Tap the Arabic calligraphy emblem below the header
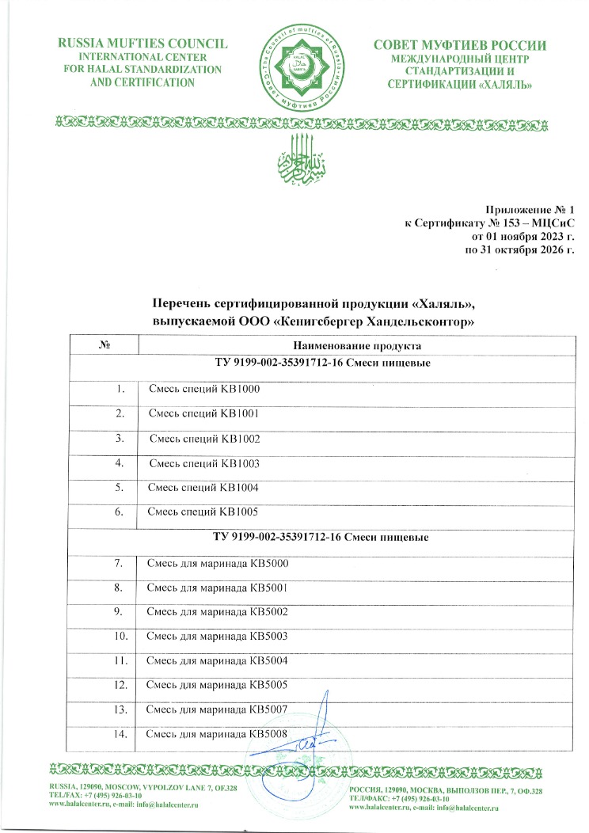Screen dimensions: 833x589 [x=294, y=154]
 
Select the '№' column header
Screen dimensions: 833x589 [x=104, y=346]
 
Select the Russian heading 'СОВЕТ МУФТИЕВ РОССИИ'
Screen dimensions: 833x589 [x=459, y=44]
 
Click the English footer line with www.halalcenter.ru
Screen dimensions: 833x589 [x=123, y=804]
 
